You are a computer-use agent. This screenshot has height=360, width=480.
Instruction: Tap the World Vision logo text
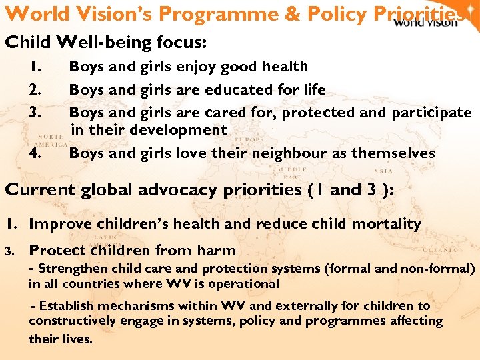coord(425,22)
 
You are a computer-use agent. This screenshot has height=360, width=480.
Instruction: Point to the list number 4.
coord(36,153)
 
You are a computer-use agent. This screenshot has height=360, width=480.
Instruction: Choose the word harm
coord(217,251)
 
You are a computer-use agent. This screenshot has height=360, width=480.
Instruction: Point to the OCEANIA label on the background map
coord(440,250)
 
